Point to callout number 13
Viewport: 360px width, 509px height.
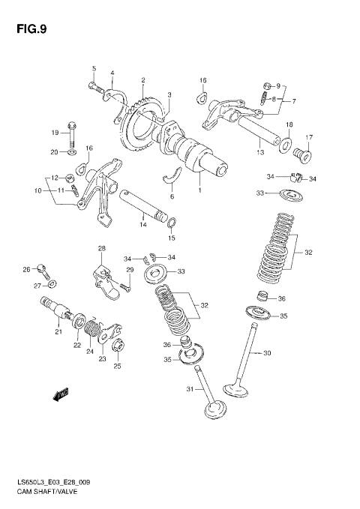tap(260, 152)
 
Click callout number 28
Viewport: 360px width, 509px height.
tap(101, 248)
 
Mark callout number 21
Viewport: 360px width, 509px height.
tap(57, 331)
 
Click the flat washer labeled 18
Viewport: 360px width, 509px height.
tap(288, 142)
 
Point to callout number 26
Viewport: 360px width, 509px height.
tap(26, 269)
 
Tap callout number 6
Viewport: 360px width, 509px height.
tap(171, 196)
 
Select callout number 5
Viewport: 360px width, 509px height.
tap(94, 69)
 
